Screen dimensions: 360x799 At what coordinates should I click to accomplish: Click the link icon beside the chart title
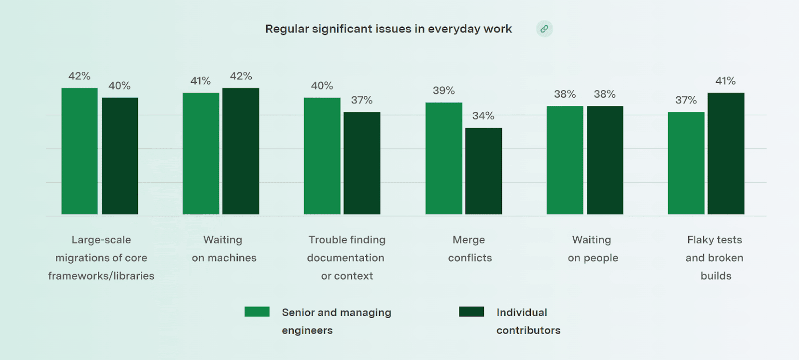[x=544, y=29]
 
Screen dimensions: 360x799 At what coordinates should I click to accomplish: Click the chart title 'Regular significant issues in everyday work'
[x=389, y=29]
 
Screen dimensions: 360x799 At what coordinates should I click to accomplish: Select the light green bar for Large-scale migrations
[x=79, y=151]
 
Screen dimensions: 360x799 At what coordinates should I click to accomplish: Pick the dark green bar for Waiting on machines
[x=241, y=151]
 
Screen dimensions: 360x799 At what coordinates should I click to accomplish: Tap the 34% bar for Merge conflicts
[x=483, y=171]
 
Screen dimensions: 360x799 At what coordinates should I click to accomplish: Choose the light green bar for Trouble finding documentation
[x=322, y=156]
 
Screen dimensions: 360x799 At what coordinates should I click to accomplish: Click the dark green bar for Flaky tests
[x=726, y=154]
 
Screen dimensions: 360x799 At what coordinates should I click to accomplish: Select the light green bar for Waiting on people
[x=565, y=160]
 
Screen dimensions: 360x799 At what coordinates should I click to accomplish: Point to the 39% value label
[x=443, y=90]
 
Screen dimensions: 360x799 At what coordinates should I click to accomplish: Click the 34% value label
[x=483, y=116]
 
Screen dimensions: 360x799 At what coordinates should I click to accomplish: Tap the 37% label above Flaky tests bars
[x=686, y=100]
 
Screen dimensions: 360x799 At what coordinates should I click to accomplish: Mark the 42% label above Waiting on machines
[x=241, y=76]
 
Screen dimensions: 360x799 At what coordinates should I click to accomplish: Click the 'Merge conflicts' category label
[x=469, y=249]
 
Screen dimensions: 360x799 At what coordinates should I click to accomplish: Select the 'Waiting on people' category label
[x=592, y=249]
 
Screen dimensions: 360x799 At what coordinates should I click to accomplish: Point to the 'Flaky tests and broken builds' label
[x=715, y=258]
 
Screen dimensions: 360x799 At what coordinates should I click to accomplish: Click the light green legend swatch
[x=257, y=312]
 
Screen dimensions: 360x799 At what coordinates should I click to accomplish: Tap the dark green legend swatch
[x=471, y=312]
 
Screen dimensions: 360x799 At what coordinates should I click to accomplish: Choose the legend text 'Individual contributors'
[x=528, y=321]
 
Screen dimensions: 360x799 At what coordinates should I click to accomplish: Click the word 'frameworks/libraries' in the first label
[x=101, y=276]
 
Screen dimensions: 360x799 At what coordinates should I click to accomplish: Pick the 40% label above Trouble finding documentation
[x=322, y=85]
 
